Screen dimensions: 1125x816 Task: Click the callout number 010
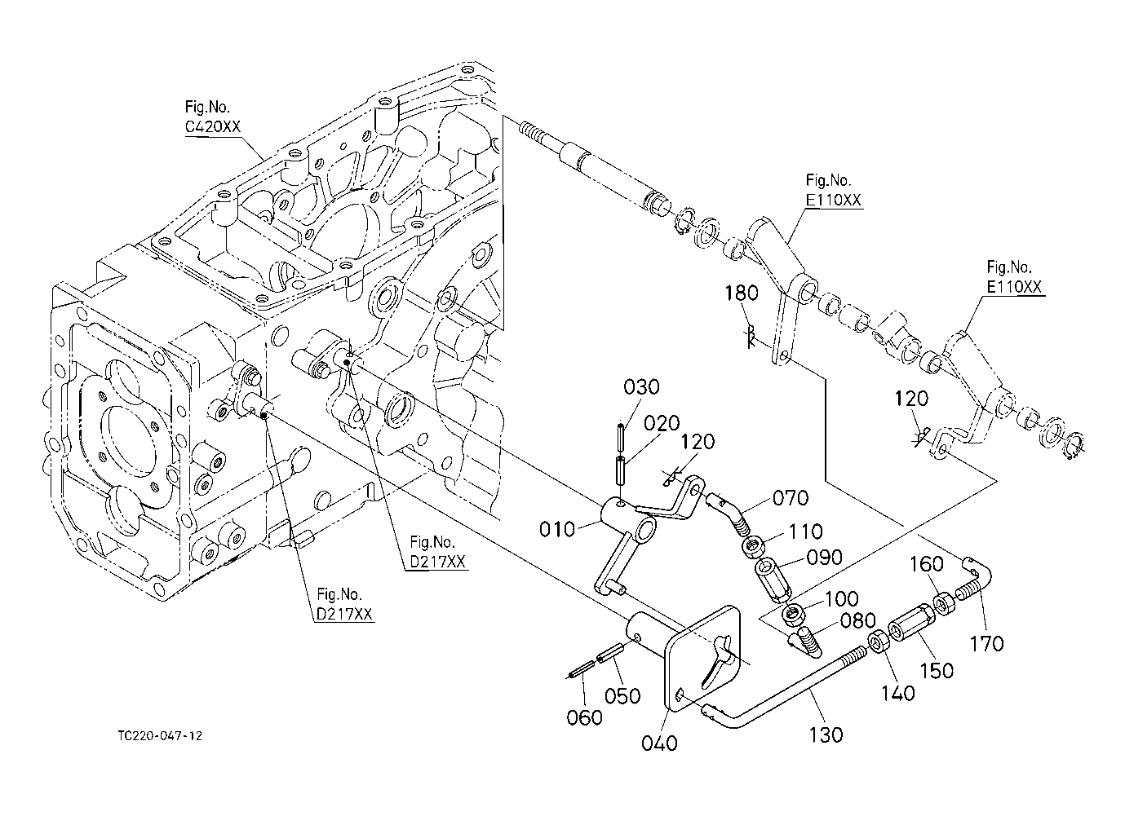click(x=556, y=529)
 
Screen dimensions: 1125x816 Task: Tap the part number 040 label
click(x=659, y=743)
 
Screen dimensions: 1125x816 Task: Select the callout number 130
click(x=826, y=735)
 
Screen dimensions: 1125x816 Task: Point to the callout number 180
click(x=742, y=293)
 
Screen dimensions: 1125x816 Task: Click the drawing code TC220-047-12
click(x=160, y=736)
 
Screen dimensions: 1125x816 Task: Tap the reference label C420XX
click(x=213, y=127)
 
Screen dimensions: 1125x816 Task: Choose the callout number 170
click(x=986, y=644)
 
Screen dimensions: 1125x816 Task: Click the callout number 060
click(x=584, y=717)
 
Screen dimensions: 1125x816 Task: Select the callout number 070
click(x=791, y=498)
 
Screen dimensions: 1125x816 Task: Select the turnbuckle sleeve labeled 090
click(x=773, y=580)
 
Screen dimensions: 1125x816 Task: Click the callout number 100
click(x=842, y=598)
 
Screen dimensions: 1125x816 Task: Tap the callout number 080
click(x=857, y=621)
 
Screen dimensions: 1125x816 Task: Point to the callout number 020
click(x=662, y=424)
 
